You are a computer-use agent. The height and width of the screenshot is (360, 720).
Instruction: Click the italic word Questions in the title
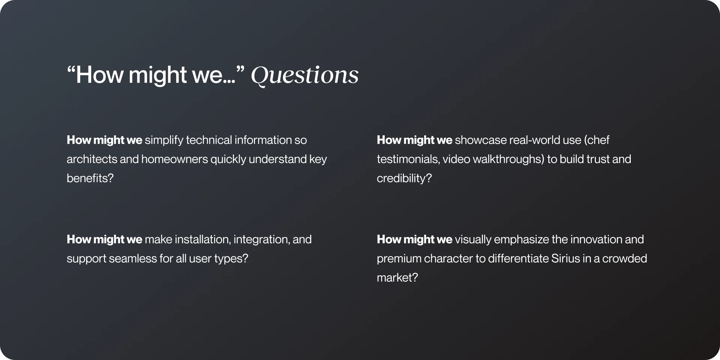pyautogui.click(x=304, y=75)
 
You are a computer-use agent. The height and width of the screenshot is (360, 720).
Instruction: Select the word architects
pyautogui.click(x=91, y=159)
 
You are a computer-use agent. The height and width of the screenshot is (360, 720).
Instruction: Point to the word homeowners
pyautogui.click(x=174, y=159)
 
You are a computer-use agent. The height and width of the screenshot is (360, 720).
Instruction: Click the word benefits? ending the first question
pyautogui.click(x=90, y=178)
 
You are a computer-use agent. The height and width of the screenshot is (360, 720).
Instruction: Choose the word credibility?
pyautogui.click(x=404, y=178)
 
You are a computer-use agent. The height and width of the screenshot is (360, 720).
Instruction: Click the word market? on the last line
pyautogui.click(x=397, y=278)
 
